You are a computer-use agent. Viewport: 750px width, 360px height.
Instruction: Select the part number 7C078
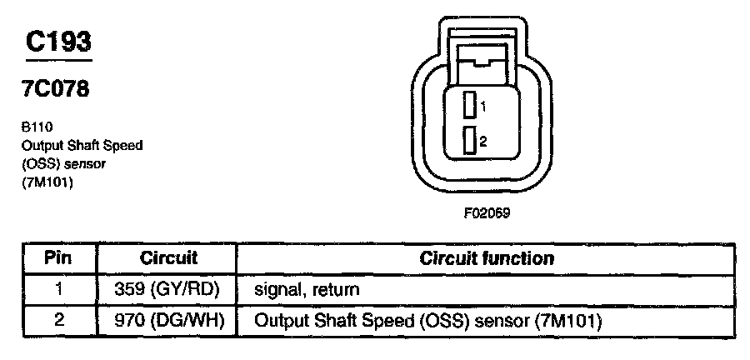click(57, 89)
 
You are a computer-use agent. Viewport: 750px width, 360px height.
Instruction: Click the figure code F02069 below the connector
click(487, 212)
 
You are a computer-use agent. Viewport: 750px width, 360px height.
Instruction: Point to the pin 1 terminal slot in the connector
click(471, 106)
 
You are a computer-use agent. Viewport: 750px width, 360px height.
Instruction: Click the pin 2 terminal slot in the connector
click(471, 141)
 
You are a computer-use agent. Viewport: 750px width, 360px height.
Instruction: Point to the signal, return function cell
click(307, 290)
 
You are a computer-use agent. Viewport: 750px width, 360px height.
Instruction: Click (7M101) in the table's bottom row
click(566, 320)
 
